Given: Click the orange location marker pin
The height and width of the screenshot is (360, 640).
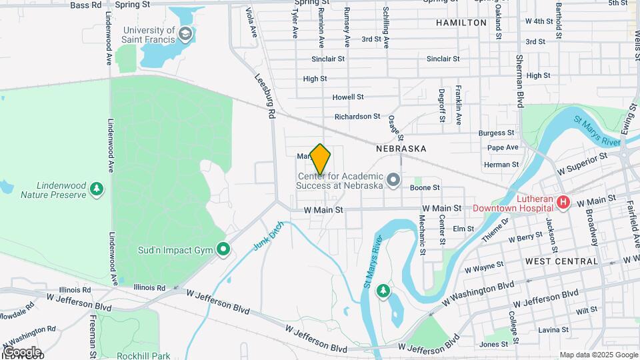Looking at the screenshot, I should [x=320, y=159].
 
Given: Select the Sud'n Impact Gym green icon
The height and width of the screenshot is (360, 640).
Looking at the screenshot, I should [x=223, y=250].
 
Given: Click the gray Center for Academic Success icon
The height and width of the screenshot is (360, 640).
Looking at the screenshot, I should [x=393, y=180].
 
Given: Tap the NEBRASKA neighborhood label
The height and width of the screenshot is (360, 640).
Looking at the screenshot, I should [x=401, y=149].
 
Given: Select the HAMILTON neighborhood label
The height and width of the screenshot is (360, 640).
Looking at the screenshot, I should [x=461, y=23].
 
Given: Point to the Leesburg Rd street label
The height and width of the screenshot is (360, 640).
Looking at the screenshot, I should [x=265, y=96].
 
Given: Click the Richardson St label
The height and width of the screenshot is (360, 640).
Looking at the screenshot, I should [x=357, y=117].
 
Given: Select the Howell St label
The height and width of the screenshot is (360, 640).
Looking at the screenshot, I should [x=347, y=97].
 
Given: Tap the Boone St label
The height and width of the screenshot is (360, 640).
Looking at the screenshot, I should [x=425, y=189].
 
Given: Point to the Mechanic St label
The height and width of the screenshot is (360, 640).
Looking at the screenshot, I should [x=422, y=234].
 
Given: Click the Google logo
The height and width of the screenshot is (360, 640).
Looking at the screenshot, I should [x=22, y=351].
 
